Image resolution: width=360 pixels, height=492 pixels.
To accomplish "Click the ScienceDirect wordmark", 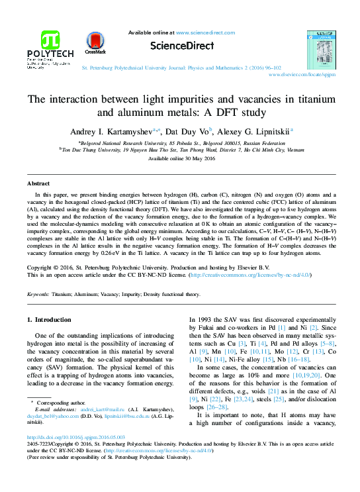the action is pyautogui.click(x=180, y=45).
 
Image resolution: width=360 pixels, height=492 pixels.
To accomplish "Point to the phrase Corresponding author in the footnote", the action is pyautogui.click(x=63, y=402).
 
